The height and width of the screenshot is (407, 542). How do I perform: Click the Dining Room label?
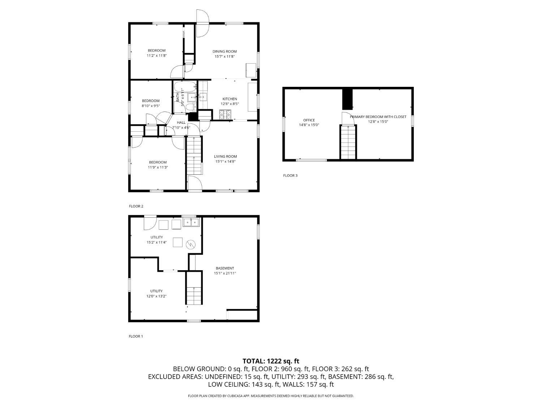tap(224, 51)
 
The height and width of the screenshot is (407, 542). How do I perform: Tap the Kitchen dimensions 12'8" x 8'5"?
tap(230, 104)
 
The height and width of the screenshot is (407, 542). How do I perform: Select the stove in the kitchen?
tap(225, 114)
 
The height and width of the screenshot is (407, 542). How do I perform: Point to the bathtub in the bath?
tap(185, 87)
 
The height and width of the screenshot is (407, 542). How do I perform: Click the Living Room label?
tap(225, 156)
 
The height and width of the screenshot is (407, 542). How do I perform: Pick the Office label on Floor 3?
tap(309, 120)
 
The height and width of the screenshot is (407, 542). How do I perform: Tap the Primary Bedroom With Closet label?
tap(378, 116)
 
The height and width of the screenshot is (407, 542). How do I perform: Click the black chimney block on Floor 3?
tap(347, 99)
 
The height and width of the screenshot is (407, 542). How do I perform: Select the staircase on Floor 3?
tap(348, 142)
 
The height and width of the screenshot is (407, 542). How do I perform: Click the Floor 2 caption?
tap(136, 206)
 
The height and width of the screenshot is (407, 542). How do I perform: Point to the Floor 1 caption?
tap(136, 336)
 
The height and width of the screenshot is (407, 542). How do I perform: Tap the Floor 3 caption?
tap(290, 175)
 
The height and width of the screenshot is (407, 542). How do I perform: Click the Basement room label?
tap(225, 268)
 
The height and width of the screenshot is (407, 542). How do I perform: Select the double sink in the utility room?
tap(191, 222)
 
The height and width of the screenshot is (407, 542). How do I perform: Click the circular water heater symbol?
tap(191, 245)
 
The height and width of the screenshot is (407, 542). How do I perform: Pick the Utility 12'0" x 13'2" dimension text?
tap(156, 296)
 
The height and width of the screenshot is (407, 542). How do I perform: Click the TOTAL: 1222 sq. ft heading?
tap(271, 361)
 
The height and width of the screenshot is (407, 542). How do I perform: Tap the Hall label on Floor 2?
tap(181, 123)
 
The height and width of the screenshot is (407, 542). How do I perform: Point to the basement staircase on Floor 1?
tap(194, 288)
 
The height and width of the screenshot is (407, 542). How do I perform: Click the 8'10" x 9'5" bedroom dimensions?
tap(151, 106)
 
